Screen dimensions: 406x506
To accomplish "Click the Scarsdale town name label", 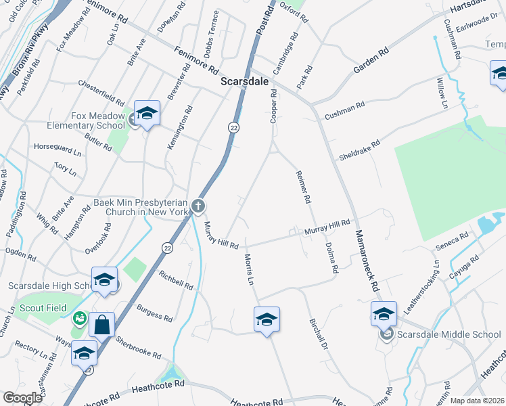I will point(245,81).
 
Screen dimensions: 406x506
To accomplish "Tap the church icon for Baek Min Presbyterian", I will point(198,205).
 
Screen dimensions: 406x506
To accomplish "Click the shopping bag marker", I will point(101,324).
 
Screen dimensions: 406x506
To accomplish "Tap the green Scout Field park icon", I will point(79,317).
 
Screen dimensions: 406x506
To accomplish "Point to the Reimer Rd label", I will point(302,187).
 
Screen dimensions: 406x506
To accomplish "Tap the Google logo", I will point(22,398).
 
